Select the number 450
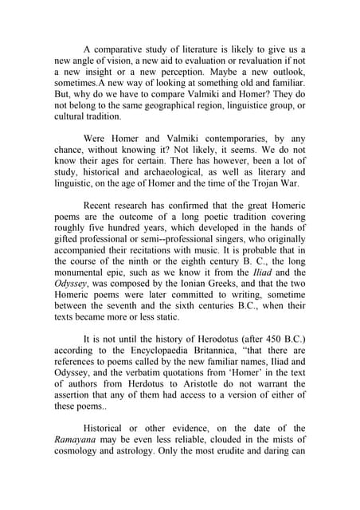(x=283, y=336)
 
